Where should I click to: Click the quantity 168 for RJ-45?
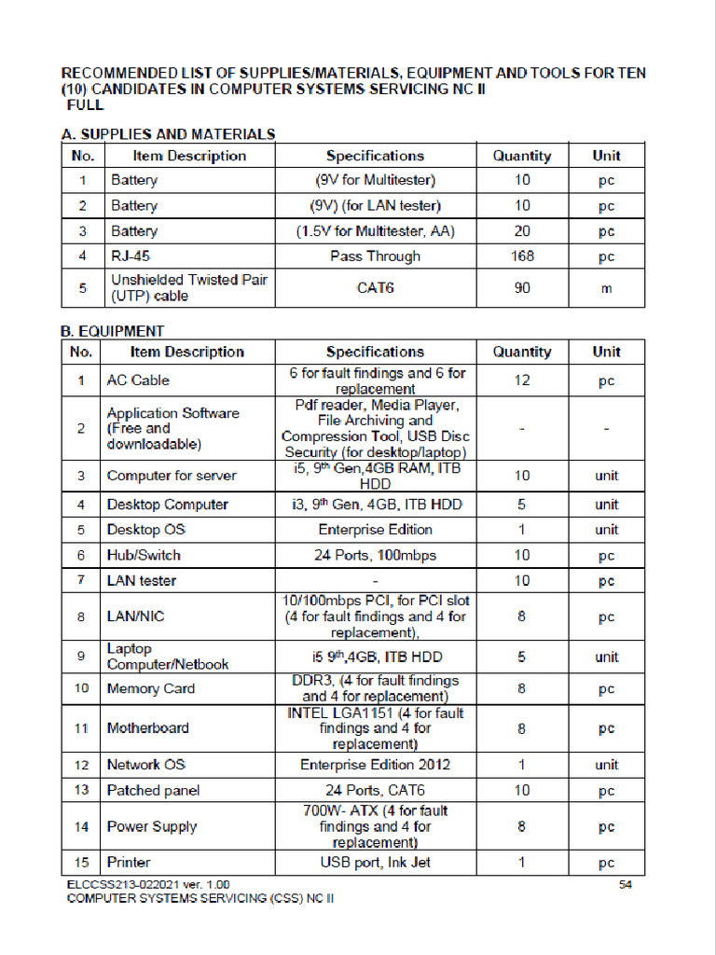pyautogui.click(x=522, y=256)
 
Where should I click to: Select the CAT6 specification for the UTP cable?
pyautogui.click(x=376, y=288)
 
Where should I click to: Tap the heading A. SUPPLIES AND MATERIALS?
pyautogui.click(x=168, y=134)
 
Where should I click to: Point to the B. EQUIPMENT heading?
pyautogui.click(x=113, y=331)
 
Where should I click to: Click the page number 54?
pyautogui.click(x=626, y=884)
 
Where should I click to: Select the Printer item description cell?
pyautogui.click(x=129, y=863)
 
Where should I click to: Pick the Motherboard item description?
pyautogui.click(x=147, y=728)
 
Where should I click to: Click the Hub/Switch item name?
pyautogui.click(x=144, y=556)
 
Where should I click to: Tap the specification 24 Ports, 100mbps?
pyautogui.click(x=375, y=556)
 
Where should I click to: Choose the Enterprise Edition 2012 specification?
pyautogui.click(x=375, y=765)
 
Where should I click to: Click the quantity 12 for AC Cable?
pyautogui.click(x=522, y=381)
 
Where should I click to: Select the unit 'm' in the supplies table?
pyautogui.click(x=606, y=288)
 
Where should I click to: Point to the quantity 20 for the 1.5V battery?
pyautogui.click(x=522, y=231)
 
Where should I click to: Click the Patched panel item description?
pyautogui.click(x=153, y=791)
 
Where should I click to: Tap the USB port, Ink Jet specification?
pyautogui.click(x=375, y=863)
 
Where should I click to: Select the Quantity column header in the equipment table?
pyautogui.click(x=522, y=353)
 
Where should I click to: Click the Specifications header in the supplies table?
pyautogui.click(x=375, y=156)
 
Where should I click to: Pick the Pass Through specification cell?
pyautogui.click(x=375, y=256)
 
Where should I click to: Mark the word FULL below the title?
pyautogui.click(x=85, y=105)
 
